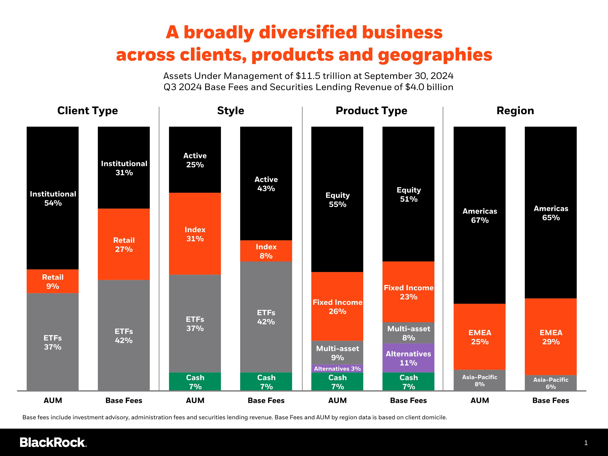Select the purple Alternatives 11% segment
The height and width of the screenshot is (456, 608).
tap(408, 358)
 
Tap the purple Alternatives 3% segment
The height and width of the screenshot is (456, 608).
tap(337, 368)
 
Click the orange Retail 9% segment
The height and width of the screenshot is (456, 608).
tap(52, 281)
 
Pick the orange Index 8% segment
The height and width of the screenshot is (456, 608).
tap(266, 251)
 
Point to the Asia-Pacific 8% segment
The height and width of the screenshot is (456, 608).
tap(480, 380)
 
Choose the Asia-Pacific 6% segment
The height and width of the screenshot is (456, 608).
tap(551, 383)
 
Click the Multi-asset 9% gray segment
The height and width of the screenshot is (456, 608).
tap(337, 353)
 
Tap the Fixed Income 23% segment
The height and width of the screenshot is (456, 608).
tap(408, 292)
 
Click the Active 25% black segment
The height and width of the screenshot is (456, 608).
tap(195, 160)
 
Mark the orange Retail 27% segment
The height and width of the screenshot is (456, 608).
tap(124, 244)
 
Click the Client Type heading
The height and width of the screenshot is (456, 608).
tap(88, 110)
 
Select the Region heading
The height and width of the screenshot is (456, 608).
tap(515, 110)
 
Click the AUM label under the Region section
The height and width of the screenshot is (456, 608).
tap(480, 400)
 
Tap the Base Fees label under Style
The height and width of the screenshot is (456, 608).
tap(266, 400)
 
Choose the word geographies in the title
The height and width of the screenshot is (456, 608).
tap(435, 55)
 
